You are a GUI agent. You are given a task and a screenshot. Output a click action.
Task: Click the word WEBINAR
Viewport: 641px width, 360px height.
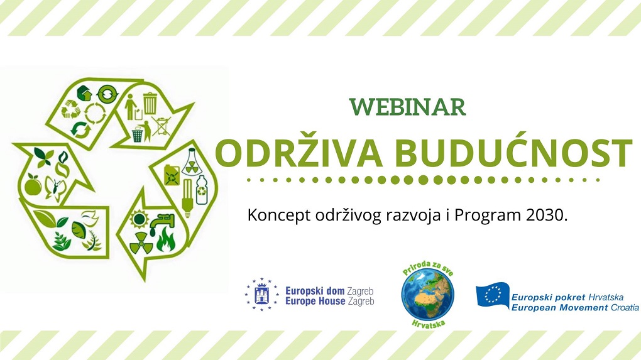pyautogui.click(x=408, y=107)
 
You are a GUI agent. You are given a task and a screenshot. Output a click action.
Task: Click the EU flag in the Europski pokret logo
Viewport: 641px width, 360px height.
pyautogui.click(x=493, y=295)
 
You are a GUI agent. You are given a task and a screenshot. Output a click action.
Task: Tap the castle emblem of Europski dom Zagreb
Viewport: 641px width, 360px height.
pyautogui.click(x=261, y=294)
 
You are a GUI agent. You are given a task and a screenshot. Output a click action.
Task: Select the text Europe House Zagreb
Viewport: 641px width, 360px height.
pyautogui.click(x=329, y=302)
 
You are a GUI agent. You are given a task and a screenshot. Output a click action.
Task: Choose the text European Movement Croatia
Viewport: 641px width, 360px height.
pyautogui.click(x=575, y=308)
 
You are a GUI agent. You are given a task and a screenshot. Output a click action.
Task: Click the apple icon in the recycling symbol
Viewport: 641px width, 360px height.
pyautogui.click(x=33, y=185)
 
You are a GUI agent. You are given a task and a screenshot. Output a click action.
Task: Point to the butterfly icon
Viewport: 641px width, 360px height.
pyautogui.click(x=55, y=188)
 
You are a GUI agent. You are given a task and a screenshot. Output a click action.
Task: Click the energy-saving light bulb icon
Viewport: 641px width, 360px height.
pyautogui.click(x=187, y=198)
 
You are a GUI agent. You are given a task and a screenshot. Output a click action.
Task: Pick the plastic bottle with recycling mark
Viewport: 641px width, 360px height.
pyautogui.click(x=202, y=190)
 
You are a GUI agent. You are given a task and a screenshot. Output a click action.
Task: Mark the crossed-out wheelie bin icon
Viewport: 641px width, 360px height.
pyautogui.click(x=162, y=126)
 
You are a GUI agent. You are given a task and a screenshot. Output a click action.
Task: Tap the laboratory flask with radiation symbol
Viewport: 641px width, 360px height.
pyautogui.click(x=190, y=162)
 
